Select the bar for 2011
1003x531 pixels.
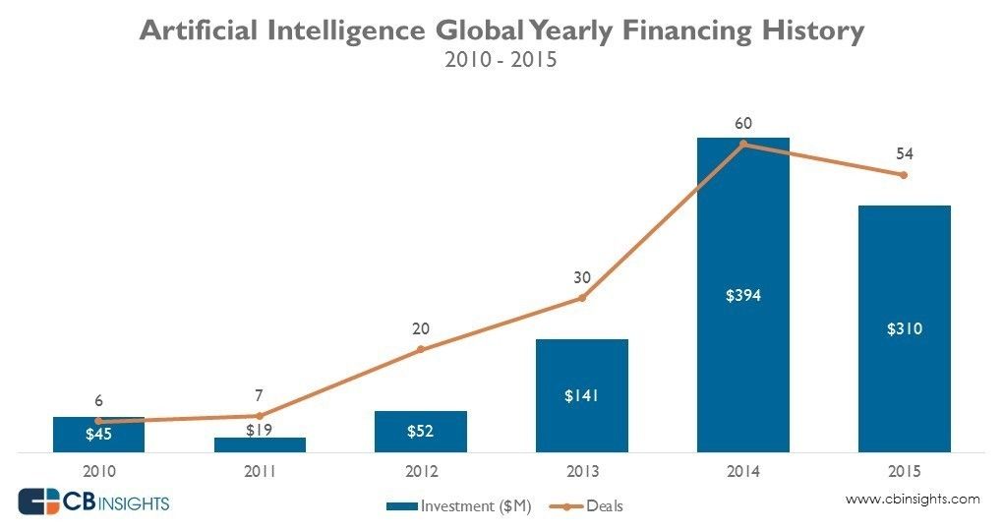tap(260, 444)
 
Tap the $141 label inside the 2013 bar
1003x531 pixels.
tap(582, 395)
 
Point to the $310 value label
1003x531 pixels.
tap(904, 329)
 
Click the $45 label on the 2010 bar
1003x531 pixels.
tap(98, 433)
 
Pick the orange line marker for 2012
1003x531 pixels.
tap(421, 349)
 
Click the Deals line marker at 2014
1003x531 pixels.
tap(743, 144)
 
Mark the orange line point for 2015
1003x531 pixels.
tap(904, 175)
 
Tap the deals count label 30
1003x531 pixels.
tap(582, 277)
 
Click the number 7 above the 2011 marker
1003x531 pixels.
tap(260, 395)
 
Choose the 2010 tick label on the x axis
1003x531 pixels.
tap(98, 471)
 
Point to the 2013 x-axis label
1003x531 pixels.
tap(582, 471)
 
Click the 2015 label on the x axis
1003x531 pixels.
tap(904, 471)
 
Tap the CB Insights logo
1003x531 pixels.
tap(94, 503)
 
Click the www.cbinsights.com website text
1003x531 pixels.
tap(913, 500)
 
